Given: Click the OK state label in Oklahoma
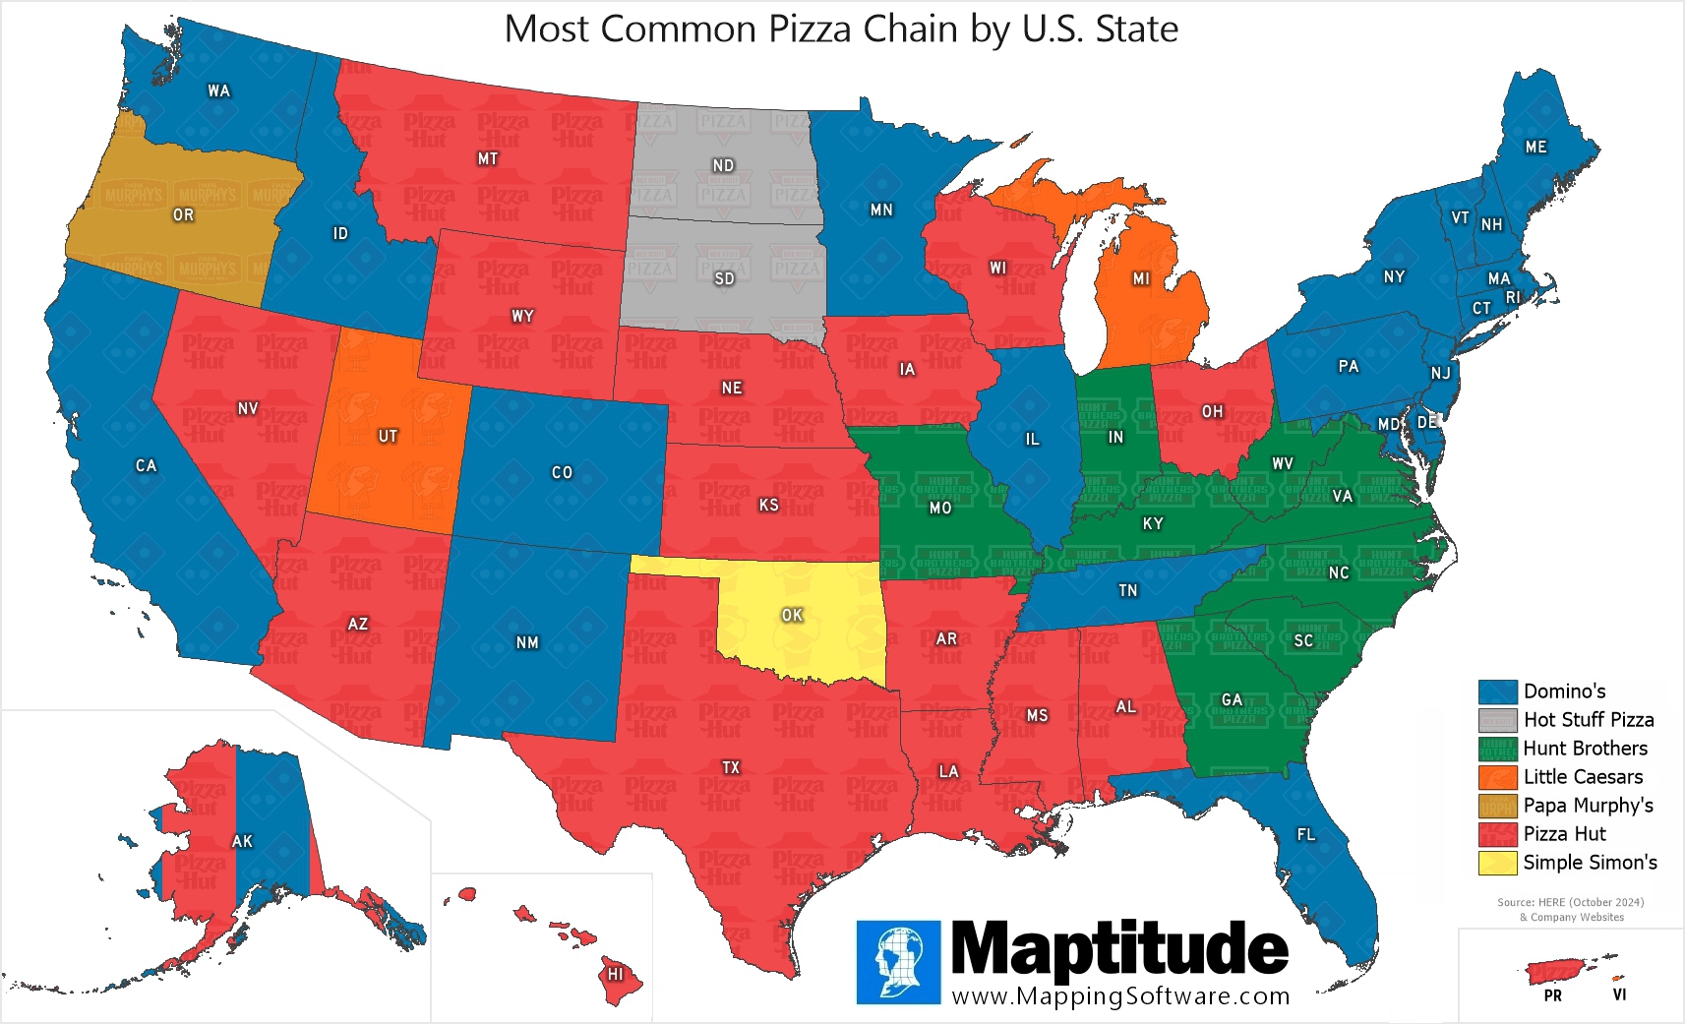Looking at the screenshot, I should (x=792, y=615).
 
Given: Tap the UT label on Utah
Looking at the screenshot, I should (x=388, y=436).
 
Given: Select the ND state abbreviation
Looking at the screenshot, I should (x=723, y=165).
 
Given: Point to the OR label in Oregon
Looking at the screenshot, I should (x=183, y=214).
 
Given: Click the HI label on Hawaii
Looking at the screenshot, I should (x=616, y=974).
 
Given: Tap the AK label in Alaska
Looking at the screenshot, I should (x=242, y=841).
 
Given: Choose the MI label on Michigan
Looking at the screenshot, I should (x=1141, y=279).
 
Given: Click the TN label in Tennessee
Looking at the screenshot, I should (x=1127, y=590).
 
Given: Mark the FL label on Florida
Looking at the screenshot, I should (x=1305, y=834).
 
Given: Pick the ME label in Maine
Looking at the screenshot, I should (x=1535, y=147).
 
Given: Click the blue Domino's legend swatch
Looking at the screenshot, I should (x=1497, y=692).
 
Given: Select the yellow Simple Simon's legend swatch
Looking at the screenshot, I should (x=1497, y=863).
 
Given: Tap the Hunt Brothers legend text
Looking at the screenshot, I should (x=1585, y=749).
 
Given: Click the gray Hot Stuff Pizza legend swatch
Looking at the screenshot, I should (x=1497, y=720).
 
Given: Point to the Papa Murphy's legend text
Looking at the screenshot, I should (x=1588, y=806).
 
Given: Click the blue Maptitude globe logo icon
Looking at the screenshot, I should (x=898, y=962).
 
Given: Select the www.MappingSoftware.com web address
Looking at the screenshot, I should (x=1120, y=995).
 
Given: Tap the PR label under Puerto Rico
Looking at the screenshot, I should (x=1552, y=995).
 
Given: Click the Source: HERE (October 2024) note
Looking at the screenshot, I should (x=1570, y=902).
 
